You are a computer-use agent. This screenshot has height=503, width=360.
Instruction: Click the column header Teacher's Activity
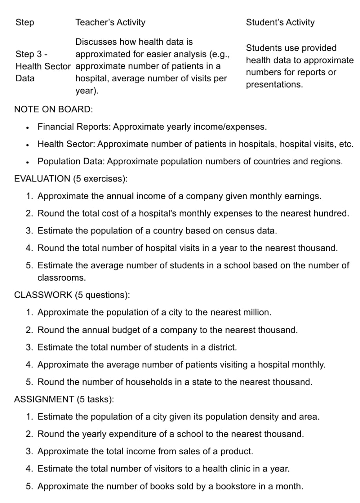[110, 22]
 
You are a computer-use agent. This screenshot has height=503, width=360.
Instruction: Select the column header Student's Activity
[280, 22]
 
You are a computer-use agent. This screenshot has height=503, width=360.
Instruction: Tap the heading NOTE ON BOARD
[53, 109]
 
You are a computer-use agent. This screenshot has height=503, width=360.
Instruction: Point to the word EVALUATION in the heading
[42, 179]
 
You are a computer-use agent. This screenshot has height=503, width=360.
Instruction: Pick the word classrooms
[61, 277]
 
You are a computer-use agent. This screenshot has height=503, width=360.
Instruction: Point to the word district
[222, 347]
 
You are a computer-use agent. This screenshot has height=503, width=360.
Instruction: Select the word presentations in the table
[274, 85]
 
